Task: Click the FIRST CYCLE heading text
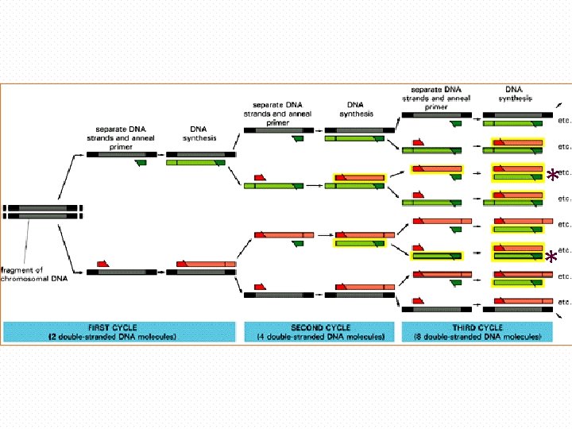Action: coord(120,327)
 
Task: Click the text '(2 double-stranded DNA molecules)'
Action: coord(120,337)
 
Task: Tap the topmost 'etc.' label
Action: coord(564,120)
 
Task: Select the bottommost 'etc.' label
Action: coord(564,301)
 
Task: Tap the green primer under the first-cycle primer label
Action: coord(141,163)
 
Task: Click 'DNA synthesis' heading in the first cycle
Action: coord(198,133)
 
